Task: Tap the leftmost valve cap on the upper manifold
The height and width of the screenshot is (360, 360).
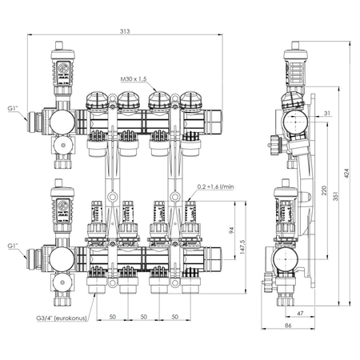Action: coord(97,102)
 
